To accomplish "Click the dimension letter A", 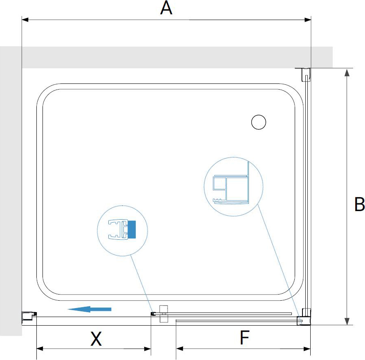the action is coord(166,8).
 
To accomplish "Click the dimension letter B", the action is coord(359,204).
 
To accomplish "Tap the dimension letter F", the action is coord(244,337).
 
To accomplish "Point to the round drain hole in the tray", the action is coord(259,122).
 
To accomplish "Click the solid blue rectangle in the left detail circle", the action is coord(132,229).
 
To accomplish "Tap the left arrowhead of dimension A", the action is coord(25,20).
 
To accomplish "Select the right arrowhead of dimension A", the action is coord(308,20).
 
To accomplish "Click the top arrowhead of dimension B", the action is coord(347,72).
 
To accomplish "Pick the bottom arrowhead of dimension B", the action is coord(347,321).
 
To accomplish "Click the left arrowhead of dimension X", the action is coord(40,349).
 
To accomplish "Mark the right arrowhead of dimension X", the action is coord(148,349).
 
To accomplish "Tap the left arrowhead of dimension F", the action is coord(179,349).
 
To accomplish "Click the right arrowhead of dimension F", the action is coord(307,349).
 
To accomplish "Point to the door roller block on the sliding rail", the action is coord(163,314).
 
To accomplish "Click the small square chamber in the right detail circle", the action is coord(219,183).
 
